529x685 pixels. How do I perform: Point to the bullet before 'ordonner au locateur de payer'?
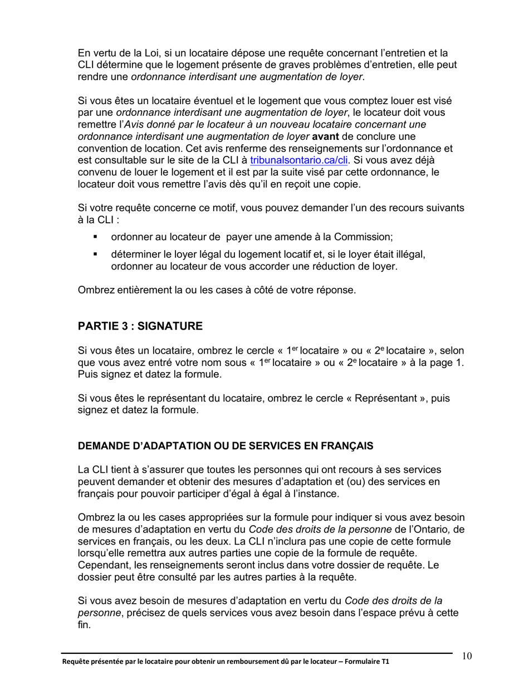[x=96, y=237]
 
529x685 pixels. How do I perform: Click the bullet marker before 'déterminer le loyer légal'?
[x=96, y=255]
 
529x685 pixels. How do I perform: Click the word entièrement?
[x=138, y=290]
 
